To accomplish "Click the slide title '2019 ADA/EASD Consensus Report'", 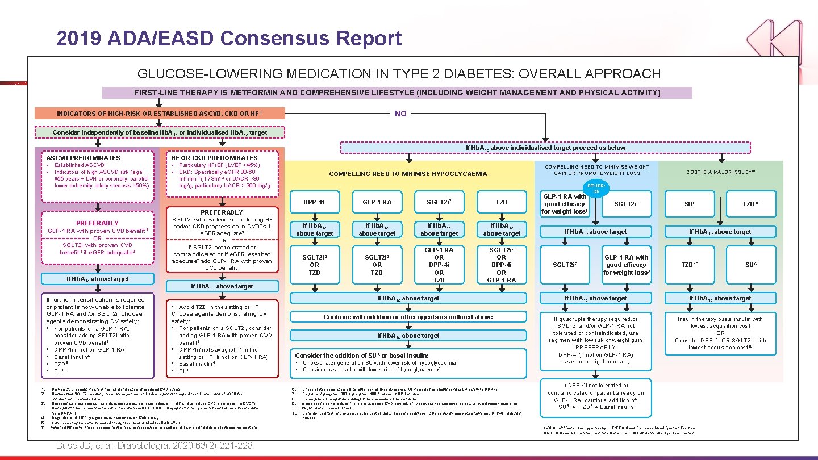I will [x=229, y=38].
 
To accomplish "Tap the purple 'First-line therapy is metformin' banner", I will [x=397, y=93].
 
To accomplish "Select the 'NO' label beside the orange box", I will [x=400, y=114].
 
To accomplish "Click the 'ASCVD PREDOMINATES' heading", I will [x=84, y=158].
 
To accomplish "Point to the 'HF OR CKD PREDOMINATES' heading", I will [x=214, y=158].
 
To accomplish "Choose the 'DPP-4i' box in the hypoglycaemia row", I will [x=314, y=202].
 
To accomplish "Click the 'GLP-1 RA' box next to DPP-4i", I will [x=377, y=202].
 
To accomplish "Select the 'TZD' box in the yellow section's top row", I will [x=501, y=202].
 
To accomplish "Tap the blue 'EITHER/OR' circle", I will [x=596, y=188].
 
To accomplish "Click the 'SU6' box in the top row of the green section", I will [x=689, y=203].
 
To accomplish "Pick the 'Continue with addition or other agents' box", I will [x=408, y=317].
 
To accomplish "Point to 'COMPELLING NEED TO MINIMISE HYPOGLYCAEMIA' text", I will [x=408, y=174].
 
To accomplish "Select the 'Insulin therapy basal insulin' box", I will [x=720, y=333].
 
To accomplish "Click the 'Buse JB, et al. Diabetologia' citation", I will [x=155, y=445].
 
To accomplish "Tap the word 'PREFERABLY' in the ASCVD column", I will [x=97, y=223].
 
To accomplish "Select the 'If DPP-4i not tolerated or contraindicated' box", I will [x=596, y=396].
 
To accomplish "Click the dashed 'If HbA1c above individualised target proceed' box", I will [x=545, y=148].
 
